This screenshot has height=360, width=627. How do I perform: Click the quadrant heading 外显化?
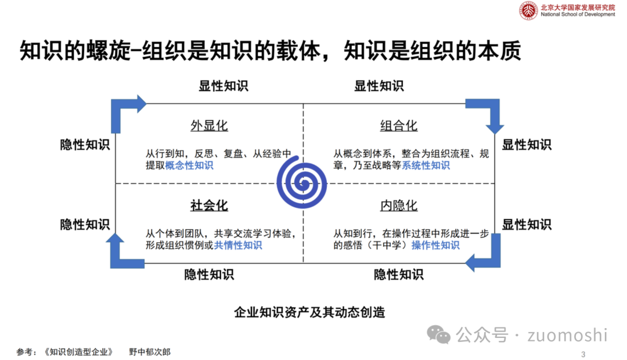209,126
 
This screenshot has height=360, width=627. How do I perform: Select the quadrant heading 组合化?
399,126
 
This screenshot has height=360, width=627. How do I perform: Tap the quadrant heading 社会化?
209,206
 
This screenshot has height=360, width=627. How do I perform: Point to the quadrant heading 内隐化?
399,206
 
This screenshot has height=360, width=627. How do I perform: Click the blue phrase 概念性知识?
189,165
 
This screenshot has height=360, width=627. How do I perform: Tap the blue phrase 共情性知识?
238,245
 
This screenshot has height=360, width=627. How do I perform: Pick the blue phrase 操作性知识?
435,245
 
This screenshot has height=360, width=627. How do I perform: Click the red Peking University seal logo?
528,11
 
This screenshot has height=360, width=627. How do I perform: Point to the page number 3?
583,354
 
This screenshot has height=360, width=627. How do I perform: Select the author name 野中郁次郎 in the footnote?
150,352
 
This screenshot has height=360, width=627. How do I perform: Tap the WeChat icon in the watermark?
439,334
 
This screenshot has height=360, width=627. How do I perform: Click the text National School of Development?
577,15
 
